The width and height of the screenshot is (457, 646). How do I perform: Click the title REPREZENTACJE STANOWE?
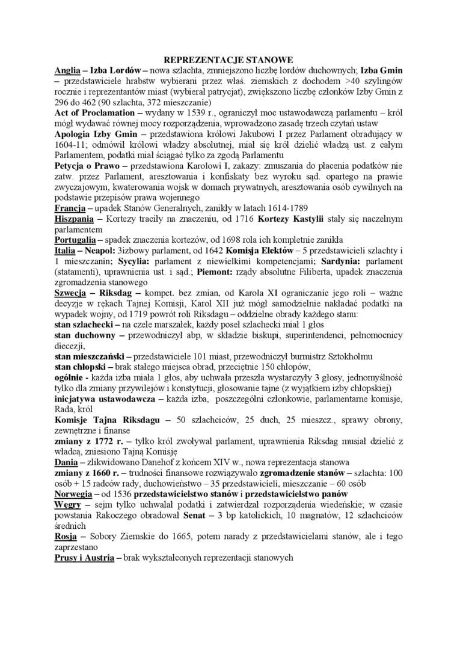pos(228,60)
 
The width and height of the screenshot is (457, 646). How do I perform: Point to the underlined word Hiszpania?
pos(75,219)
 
